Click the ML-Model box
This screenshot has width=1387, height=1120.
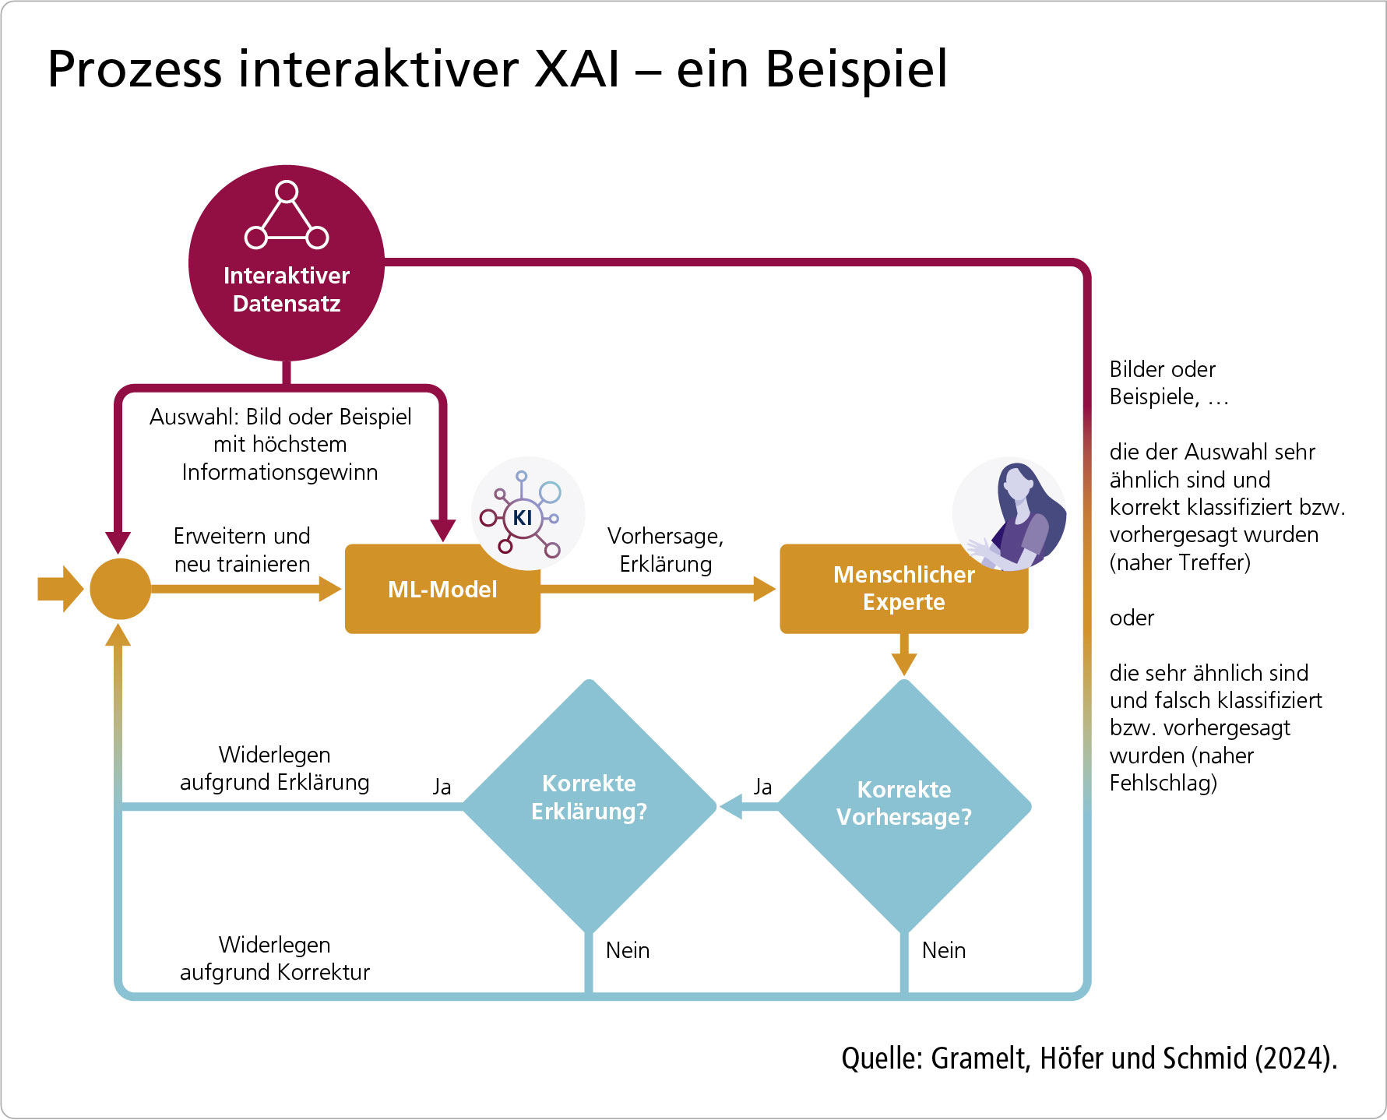pos(442,589)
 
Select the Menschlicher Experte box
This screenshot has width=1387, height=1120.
pos(903,589)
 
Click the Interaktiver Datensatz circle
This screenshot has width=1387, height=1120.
pos(287,262)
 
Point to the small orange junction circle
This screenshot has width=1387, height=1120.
pos(120,589)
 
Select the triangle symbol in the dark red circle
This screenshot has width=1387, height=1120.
pos(287,216)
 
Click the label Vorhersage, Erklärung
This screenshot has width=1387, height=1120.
pos(665,550)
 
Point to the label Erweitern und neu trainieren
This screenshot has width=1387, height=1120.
pos(241,550)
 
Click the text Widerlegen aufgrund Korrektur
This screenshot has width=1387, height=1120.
pos(274,958)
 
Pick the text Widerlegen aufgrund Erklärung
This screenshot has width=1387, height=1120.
pos(274,768)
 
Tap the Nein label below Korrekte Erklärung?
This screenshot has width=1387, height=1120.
pos(628,950)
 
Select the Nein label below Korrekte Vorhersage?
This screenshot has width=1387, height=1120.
pos(943,950)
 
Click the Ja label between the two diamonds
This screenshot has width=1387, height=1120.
pos(762,787)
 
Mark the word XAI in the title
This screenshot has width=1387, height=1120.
pos(577,69)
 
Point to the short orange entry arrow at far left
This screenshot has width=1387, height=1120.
pos(59,589)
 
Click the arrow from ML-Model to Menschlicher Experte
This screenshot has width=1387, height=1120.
pos(658,589)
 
